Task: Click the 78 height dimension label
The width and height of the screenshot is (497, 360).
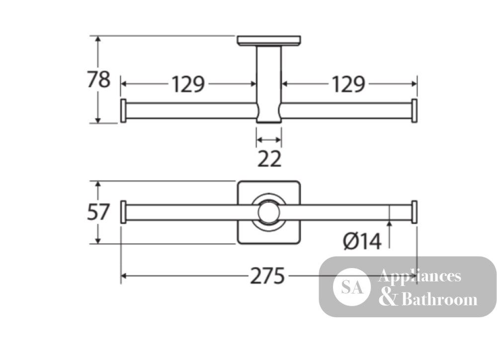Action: click(98, 79)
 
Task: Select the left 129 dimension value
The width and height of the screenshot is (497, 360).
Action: click(188, 85)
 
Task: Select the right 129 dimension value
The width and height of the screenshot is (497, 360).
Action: click(348, 85)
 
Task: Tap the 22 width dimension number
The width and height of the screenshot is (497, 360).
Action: click(269, 159)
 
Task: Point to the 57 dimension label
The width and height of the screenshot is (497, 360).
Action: click(98, 212)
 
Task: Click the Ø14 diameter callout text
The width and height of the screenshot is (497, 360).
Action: click(362, 241)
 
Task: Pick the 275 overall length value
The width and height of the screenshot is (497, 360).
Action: click(267, 276)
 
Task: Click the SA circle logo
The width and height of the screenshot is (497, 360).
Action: click(352, 287)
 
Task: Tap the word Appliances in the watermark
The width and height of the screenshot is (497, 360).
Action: click(419, 276)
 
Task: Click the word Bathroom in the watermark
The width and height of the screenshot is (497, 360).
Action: click(439, 299)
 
